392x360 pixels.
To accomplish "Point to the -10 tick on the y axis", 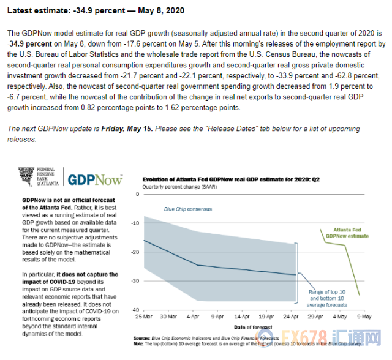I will (135, 223).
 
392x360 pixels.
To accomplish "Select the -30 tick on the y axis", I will (135, 281).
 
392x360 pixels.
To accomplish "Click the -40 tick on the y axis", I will (135, 310).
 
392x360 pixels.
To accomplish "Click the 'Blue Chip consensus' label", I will (187, 209).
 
